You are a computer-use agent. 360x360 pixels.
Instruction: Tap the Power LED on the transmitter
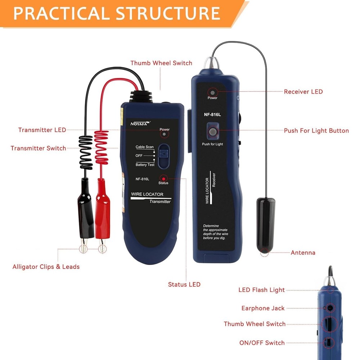coord(164,134)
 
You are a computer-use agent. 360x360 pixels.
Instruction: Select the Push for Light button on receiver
coord(212,132)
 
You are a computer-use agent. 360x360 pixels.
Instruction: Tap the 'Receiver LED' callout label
coord(303,92)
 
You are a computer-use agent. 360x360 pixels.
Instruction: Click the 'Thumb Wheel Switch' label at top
coord(161,63)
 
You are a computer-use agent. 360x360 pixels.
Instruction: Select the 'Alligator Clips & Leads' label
coord(46,267)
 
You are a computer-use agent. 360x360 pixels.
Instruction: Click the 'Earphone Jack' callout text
coord(263,308)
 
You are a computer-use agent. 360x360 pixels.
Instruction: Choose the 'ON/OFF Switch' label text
coord(262,343)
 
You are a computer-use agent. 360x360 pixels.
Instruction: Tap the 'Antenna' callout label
coord(303,253)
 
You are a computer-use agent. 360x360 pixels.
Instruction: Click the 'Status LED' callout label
coord(184,284)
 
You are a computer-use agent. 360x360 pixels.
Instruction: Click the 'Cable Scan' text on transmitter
coord(144,147)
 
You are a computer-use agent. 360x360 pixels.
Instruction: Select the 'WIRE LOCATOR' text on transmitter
coord(147,194)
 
